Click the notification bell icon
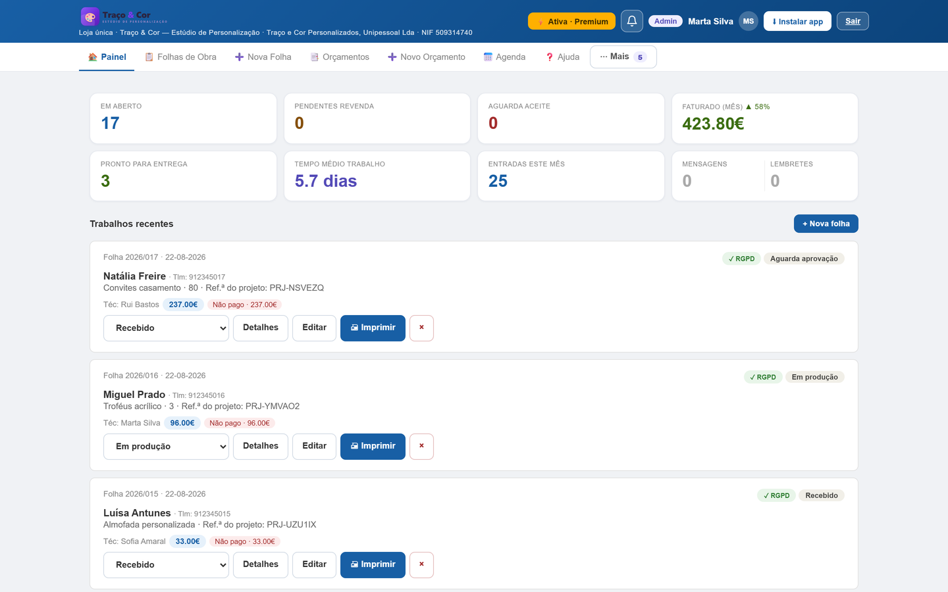(x=631, y=21)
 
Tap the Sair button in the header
(x=853, y=21)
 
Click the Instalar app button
(x=797, y=21)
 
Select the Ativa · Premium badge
(x=571, y=21)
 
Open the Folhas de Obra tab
(x=180, y=57)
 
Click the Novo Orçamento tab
(x=427, y=57)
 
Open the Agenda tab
(x=504, y=57)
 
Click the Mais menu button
(x=623, y=57)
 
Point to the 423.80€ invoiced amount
(x=713, y=124)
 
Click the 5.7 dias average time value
(x=325, y=181)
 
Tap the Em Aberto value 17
(x=110, y=123)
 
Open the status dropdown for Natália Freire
(x=166, y=328)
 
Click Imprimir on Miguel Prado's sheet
(x=373, y=446)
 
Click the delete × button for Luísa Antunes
(x=421, y=564)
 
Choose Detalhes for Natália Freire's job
(x=260, y=328)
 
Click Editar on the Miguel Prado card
(x=314, y=446)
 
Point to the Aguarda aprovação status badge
(x=804, y=259)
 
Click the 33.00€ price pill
(x=188, y=541)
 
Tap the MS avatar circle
(x=749, y=21)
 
